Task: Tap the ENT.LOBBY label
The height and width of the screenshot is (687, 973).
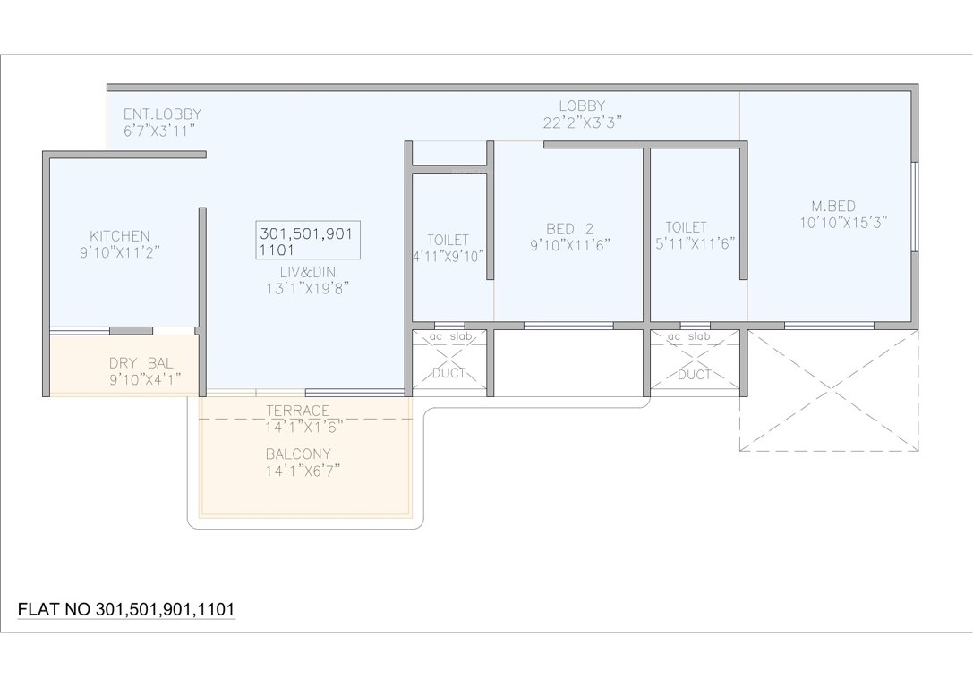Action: point(162,114)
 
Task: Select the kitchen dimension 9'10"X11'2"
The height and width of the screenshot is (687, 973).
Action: point(119,253)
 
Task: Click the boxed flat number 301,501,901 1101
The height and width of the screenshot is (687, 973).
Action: point(308,241)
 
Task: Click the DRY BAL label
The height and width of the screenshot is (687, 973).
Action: point(141,363)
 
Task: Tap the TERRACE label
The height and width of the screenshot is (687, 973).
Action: point(298,411)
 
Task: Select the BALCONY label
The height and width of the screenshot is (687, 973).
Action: point(298,454)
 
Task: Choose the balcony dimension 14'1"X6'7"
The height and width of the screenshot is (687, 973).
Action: point(303,470)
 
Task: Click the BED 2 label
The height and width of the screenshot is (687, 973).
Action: point(569,228)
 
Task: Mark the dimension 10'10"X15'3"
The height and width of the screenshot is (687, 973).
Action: point(843,224)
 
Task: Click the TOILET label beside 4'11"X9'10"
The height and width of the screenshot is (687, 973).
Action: point(448,240)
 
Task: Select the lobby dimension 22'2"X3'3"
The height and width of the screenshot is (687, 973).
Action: point(582,123)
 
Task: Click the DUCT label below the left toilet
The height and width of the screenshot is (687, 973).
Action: point(448,373)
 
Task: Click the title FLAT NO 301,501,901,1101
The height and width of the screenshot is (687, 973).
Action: point(126,609)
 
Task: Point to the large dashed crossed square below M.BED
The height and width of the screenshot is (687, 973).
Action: point(829,390)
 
